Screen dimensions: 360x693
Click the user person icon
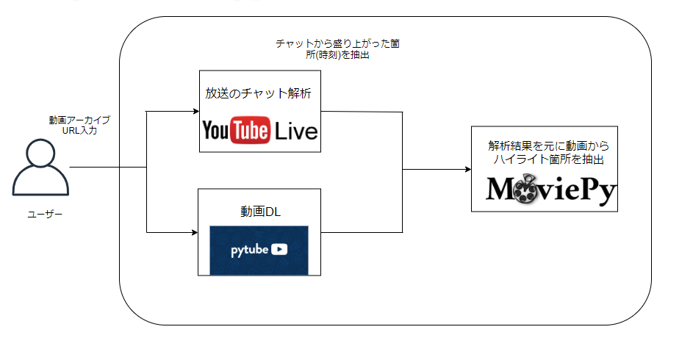40,170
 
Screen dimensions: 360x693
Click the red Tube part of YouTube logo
250,131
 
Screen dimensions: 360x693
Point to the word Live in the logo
296,132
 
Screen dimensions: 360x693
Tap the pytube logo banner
259,249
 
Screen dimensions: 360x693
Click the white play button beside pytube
279,249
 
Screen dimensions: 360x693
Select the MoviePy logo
551,190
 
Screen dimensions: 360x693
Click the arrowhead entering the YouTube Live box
195,112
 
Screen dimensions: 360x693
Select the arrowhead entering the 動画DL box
194,232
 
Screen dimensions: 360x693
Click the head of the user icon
40,155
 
